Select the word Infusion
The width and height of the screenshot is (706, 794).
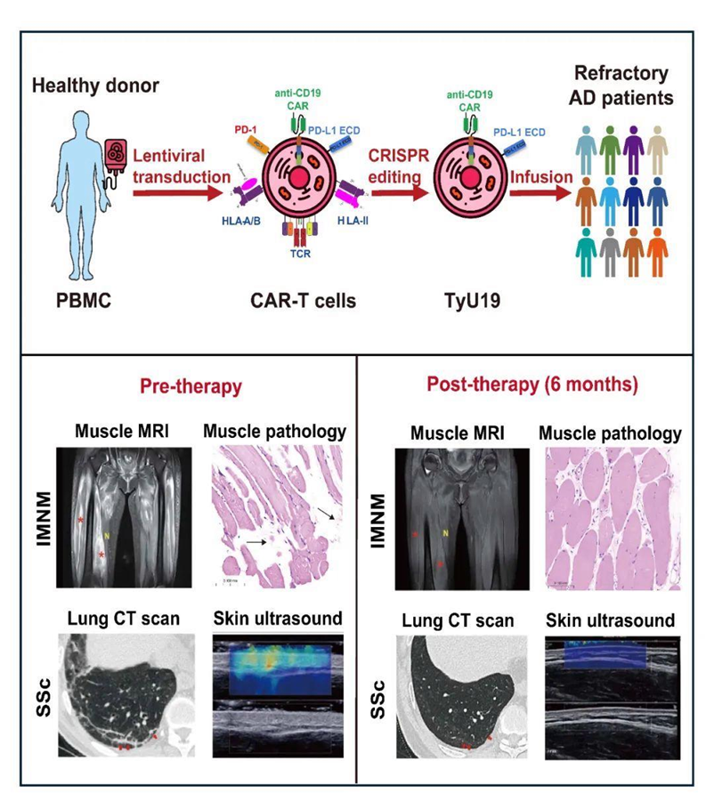(x=541, y=175)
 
